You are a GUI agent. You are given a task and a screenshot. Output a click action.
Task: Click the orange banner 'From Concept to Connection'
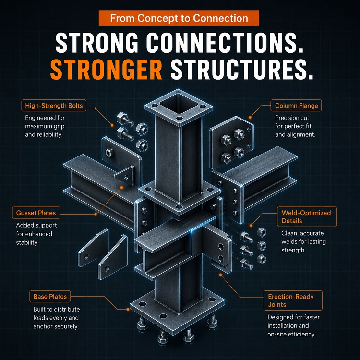pyautogui.click(x=179, y=18)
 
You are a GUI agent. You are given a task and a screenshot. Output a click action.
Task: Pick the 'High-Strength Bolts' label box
pyautogui.click(x=54, y=106)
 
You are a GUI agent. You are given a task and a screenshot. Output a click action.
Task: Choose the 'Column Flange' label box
pyautogui.click(x=296, y=106)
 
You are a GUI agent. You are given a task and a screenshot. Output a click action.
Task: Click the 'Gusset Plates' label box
pyautogui.click(x=36, y=213)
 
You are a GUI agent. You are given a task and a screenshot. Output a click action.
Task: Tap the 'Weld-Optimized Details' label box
pyautogui.click(x=307, y=217)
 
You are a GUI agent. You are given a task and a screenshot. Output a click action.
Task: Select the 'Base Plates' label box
pyautogui.click(x=50, y=297)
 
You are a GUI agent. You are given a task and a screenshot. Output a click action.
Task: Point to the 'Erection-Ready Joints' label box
pyautogui.click(x=293, y=300)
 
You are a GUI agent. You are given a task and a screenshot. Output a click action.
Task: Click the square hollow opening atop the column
pyautogui.click(x=179, y=104)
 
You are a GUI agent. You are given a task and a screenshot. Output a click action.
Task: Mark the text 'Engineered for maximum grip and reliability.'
pyautogui.click(x=45, y=126)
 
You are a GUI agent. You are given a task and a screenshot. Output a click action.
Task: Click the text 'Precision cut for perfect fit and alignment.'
pyautogui.click(x=295, y=126)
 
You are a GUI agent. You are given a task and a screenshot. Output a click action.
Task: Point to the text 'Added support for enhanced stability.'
pyautogui.click(x=36, y=234)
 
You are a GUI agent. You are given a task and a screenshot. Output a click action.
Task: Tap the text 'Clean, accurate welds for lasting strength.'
pyautogui.click(x=303, y=242)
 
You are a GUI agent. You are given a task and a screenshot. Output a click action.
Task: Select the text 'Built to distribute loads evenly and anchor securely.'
pyautogui.click(x=57, y=318)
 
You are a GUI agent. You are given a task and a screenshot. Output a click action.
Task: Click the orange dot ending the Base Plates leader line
pyautogui.click(x=128, y=310)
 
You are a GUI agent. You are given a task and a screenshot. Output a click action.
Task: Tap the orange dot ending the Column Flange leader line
pyautogui.click(x=250, y=118)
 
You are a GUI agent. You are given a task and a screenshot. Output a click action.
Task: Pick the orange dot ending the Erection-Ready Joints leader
pyautogui.click(x=220, y=275)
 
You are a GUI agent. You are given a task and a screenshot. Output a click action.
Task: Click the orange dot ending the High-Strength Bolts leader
pyautogui.click(x=112, y=125)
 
